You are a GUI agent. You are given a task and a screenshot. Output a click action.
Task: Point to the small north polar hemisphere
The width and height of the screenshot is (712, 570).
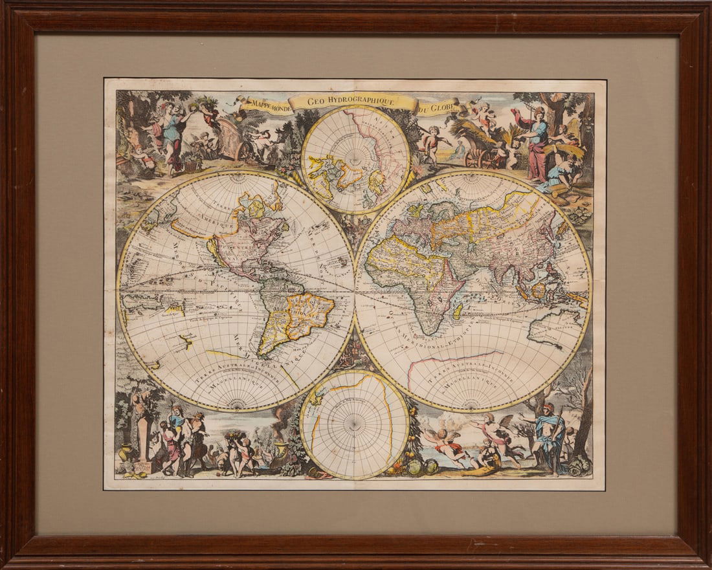(355, 159)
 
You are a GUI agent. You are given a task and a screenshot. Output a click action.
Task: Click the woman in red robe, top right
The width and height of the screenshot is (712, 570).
(537, 146)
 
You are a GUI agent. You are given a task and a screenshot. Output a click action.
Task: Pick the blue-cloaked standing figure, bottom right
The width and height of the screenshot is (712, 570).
(550, 437)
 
